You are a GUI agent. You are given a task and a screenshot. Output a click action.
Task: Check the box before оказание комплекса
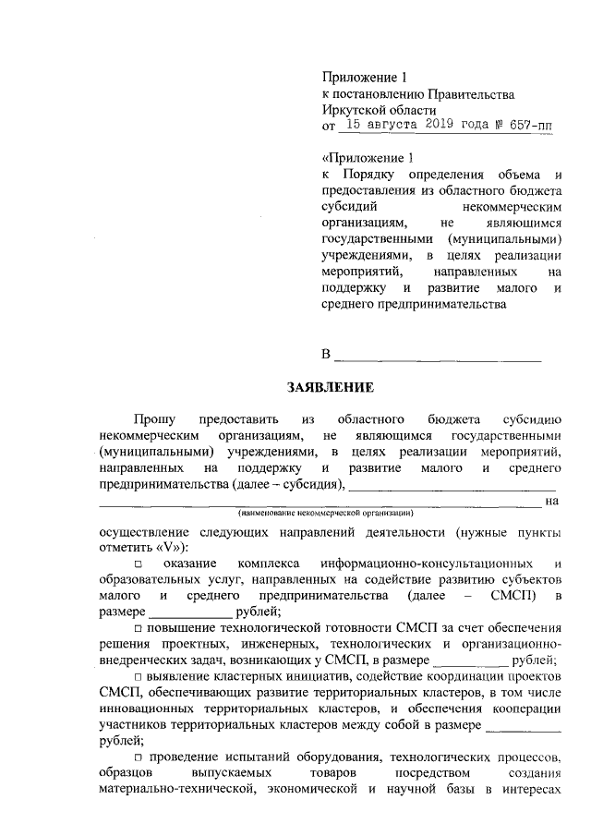click(137, 563)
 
